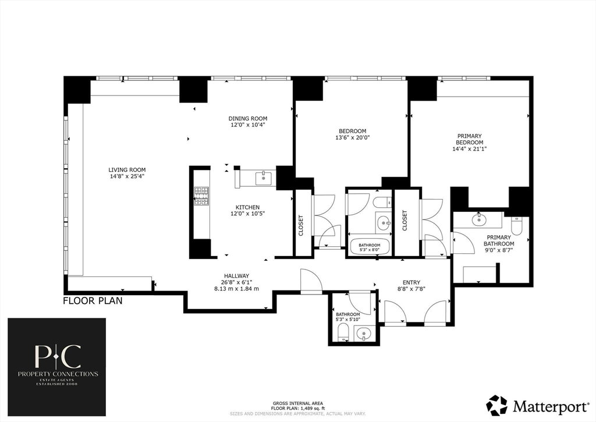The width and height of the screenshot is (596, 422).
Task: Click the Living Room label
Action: click(x=127, y=170)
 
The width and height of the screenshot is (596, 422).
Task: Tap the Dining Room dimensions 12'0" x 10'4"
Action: click(x=248, y=125)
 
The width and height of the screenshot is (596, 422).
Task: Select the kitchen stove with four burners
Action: click(x=201, y=196)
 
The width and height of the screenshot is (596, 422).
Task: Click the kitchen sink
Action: click(x=263, y=178)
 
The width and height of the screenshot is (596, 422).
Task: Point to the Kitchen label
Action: click(x=247, y=207)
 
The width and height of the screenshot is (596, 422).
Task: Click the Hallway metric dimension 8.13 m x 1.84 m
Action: click(x=236, y=289)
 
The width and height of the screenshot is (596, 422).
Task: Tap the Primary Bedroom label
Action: click(x=470, y=139)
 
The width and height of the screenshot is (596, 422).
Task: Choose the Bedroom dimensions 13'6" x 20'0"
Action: click(x=352, y=137)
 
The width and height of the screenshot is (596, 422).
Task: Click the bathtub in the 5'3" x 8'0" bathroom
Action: click(x=370, y=246)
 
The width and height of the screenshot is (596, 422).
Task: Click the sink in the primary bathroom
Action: click(x=478, y=219)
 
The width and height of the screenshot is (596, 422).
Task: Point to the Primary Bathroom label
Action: click(x=499, y=240)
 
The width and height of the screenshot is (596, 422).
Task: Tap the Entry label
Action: click(x=411, y=282)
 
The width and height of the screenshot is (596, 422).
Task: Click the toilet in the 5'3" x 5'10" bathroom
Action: click(x=343, y=333)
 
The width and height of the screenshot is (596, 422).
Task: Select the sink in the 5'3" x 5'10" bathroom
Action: click(x=364, y=335)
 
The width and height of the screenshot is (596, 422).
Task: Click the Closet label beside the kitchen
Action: click(x=301, y=225)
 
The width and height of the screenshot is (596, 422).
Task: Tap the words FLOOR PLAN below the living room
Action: click(x=93, y=301)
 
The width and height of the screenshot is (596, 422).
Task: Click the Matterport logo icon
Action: click(x=497, y=406)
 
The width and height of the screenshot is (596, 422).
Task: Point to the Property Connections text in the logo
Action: click(x=58, y=374)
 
